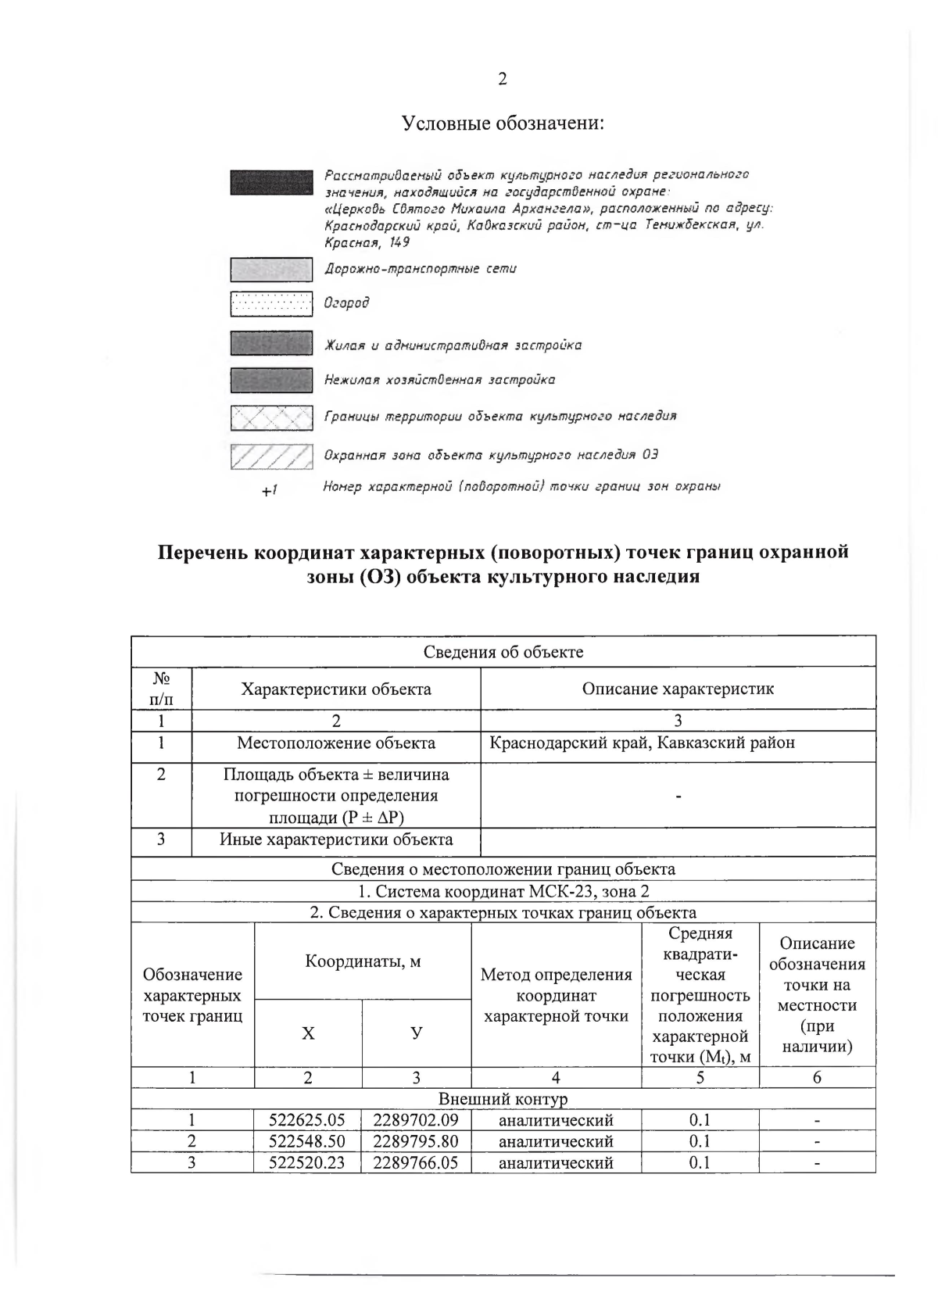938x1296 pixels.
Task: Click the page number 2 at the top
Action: click(502, 79)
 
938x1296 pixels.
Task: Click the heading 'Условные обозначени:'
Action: click(503, 124)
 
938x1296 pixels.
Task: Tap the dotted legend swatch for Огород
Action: click(271, 303)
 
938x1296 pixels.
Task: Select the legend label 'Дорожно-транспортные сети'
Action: click(420, 269)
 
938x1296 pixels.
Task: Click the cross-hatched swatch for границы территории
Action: click(271, 417)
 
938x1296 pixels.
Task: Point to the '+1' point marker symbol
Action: click(270, 491)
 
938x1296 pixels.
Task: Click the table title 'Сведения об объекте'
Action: click(503, 652)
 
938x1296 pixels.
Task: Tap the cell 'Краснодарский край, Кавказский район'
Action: click(642, 743)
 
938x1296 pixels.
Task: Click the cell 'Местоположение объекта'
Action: click(336, 743)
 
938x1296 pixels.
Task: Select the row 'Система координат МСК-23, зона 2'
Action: click(503, 891)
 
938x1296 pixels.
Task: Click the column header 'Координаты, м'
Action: click(363, 961)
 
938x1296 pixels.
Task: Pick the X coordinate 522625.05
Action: click(307, 1119)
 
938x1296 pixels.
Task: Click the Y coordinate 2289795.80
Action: click(416, 1141)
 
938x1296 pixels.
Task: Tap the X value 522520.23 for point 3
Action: click(307, 1162)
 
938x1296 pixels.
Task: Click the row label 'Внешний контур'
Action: click(503, 1099)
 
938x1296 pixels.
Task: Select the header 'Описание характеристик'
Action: click(678, 689)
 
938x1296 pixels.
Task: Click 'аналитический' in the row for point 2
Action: click(556, 1141)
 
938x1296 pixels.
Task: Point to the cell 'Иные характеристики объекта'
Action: click(336, 840)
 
